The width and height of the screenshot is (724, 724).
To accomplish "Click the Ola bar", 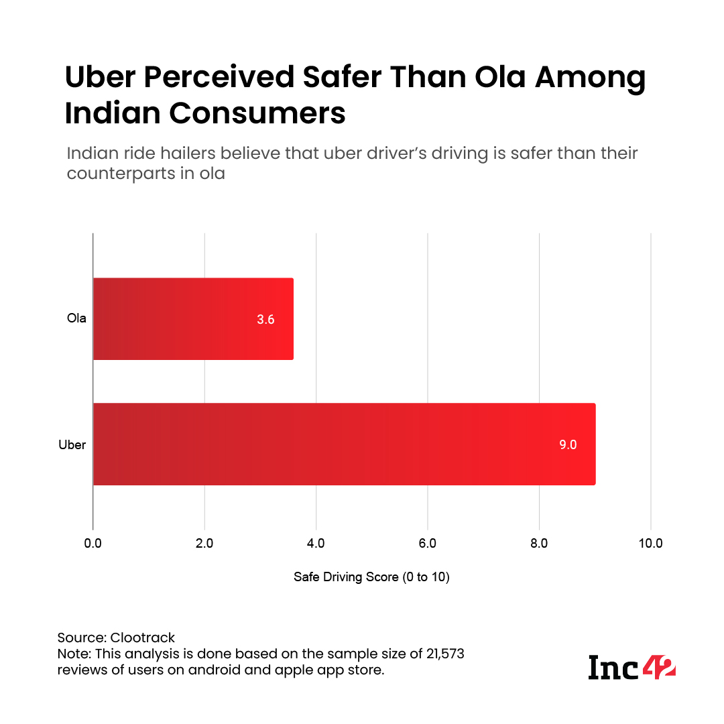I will coord(193,318).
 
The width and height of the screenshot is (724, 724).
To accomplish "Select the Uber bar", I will coord(344,444).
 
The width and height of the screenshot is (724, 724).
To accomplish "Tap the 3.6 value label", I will coord(265,320).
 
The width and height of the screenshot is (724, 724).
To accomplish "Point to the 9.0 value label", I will coord(568,444).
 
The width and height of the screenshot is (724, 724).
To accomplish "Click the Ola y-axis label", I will coord(76,318).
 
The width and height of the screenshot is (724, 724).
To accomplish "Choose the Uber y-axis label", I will coord(72,444).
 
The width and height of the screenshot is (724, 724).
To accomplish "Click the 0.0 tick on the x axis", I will coord(93,544).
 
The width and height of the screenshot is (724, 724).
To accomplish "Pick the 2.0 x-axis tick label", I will coord(204,544).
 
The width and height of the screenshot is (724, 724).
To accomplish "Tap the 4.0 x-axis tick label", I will coord(316,544).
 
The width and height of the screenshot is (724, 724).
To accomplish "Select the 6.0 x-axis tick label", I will coord(427,544).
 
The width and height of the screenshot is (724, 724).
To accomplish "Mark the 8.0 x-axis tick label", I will coord(539,544).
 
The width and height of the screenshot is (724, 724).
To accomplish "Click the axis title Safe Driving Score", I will coord(371,577).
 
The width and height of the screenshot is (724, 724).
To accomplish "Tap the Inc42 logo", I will coord(631,667).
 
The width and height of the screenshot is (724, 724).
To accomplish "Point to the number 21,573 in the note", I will coord(457,654).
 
